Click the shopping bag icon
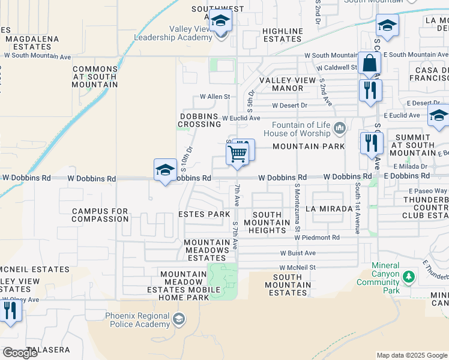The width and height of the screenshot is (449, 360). [369, 62]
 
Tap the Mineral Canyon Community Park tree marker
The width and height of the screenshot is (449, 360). [409, 277]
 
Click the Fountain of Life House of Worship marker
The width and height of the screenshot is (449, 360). [340, 127]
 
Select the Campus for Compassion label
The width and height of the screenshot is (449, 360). [100, 215]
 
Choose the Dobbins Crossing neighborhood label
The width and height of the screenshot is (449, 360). [200, 120]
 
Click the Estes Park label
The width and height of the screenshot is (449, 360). [205, 214]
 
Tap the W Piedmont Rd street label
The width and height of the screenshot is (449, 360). [317, 238]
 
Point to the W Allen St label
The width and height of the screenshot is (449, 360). [215, 97]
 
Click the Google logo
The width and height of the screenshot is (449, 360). [20, 352]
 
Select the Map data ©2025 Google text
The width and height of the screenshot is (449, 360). [412, 355]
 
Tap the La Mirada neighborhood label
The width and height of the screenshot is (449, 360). [328, 209]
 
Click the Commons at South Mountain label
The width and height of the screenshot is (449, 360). [95, 77]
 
